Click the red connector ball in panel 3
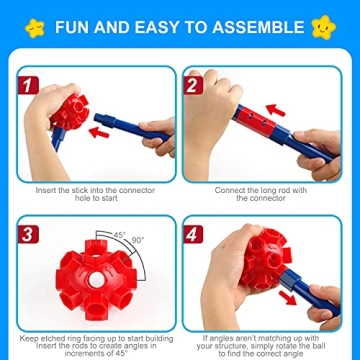click(x=89, y=280)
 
